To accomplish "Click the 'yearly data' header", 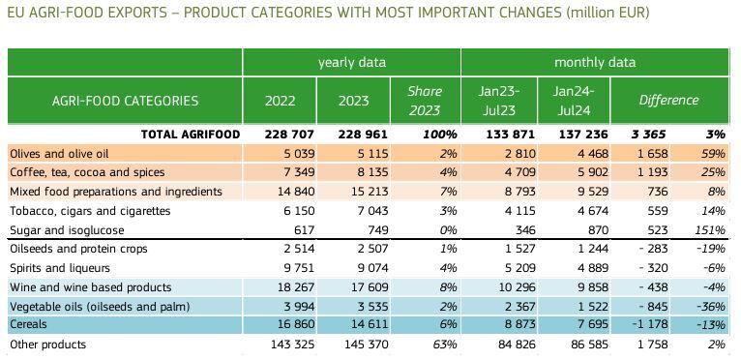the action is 351,63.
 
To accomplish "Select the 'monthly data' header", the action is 595,63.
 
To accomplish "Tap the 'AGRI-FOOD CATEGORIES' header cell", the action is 125,101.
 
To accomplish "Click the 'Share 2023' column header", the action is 425,101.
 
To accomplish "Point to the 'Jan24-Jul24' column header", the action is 574,101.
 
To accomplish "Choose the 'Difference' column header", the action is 668,101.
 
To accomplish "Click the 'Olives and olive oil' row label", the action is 59,154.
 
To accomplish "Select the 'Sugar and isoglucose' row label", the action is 67,230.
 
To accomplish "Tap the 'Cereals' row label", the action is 28,324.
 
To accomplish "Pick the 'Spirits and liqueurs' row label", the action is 60,268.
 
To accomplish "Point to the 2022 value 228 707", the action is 289,135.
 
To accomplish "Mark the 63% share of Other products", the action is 445,344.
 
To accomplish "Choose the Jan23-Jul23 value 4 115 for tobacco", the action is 518,211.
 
